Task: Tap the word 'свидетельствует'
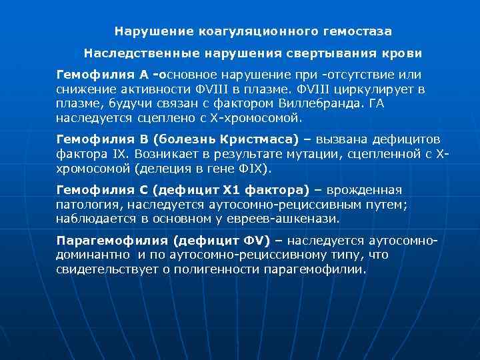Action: pyautogui.click(x=106, y=271)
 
